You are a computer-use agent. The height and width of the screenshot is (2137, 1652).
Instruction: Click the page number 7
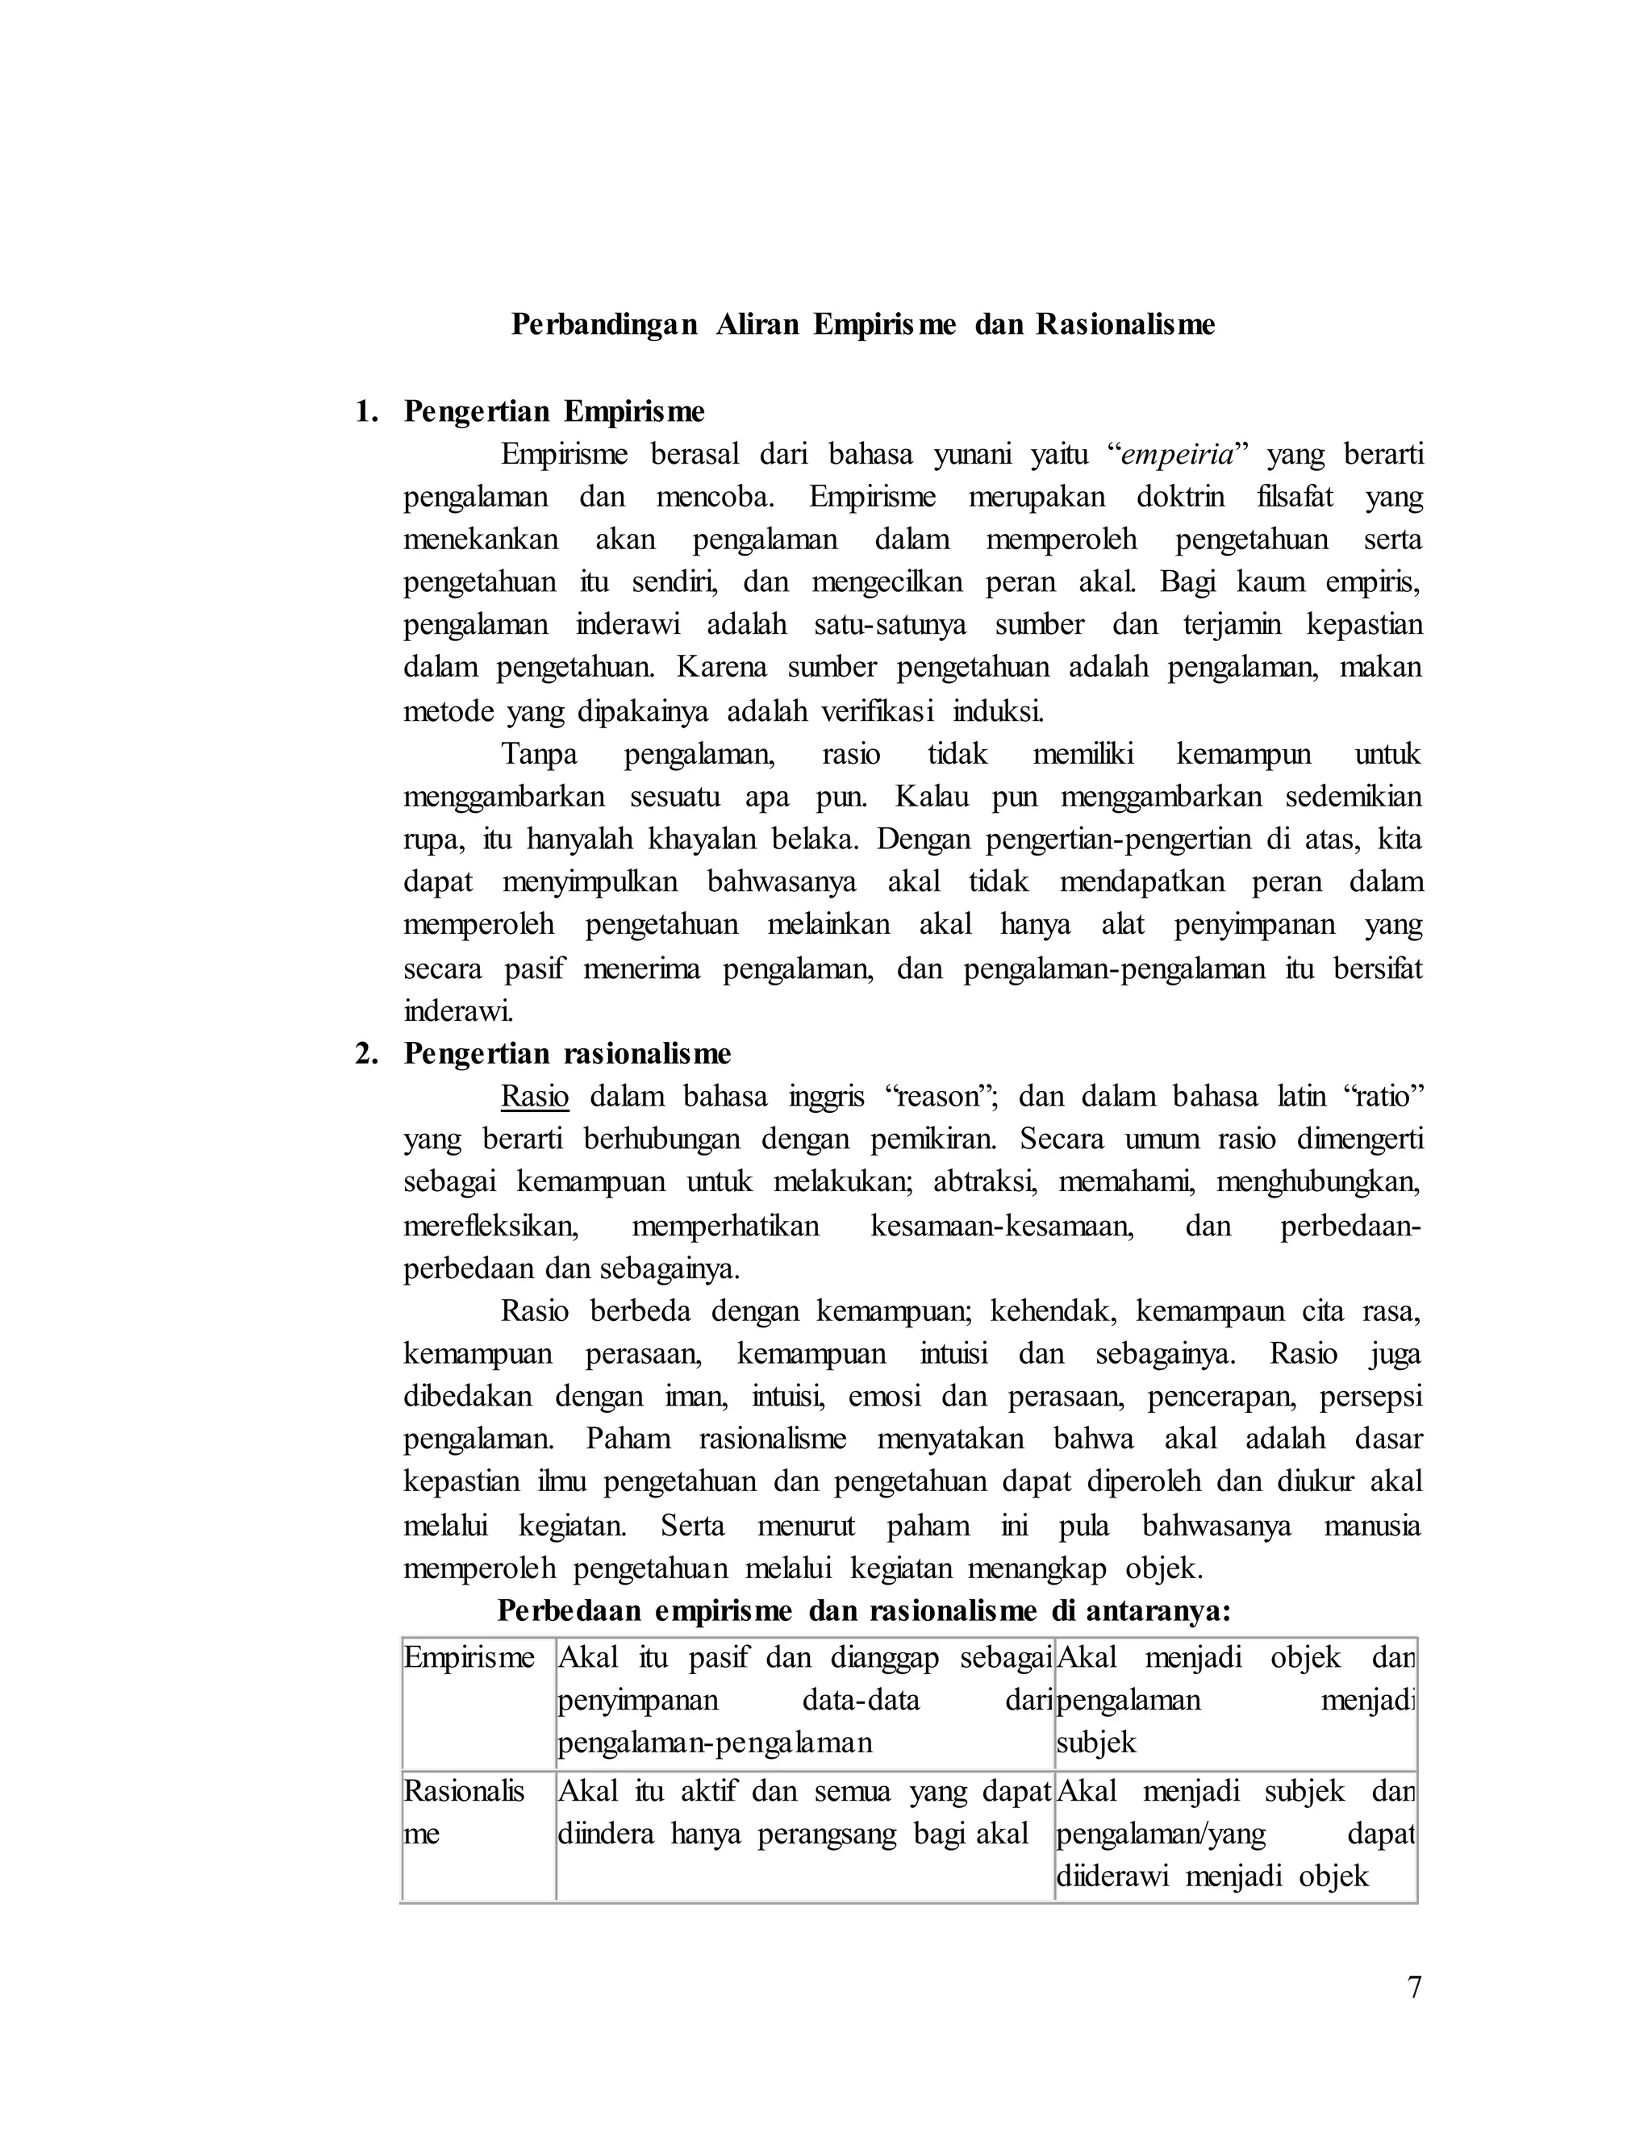(1413, 1987)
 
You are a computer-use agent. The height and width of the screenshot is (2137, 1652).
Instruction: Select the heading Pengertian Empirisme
(554, 412)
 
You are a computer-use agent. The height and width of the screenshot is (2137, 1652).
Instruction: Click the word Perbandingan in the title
(604, 325)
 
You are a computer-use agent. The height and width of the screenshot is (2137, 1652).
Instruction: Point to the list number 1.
(366, 412)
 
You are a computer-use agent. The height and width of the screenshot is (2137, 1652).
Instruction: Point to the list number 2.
(366, 1054)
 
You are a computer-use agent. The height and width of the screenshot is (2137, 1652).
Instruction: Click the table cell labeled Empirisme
(469, 1657)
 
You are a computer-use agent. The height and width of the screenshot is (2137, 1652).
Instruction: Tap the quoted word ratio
(1383, 1097)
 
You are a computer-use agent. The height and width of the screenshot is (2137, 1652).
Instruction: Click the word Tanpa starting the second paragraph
(540, 755)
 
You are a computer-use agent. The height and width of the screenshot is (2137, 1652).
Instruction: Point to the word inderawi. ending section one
(458, 1010)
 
